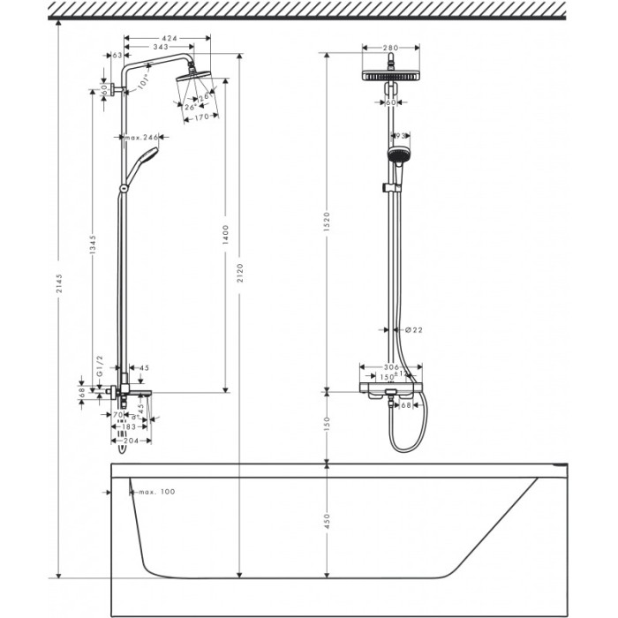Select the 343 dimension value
[162, 47]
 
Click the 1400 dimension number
[226, 234]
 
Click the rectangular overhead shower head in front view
[390, 77]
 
